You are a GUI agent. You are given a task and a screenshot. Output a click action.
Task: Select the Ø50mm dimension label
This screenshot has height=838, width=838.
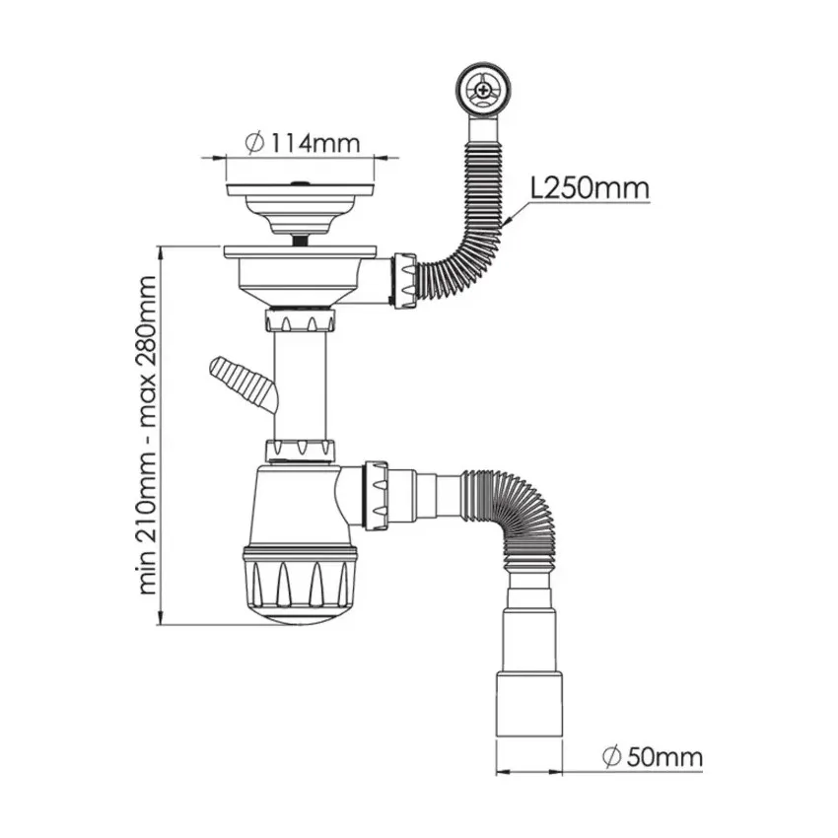click(651, 757)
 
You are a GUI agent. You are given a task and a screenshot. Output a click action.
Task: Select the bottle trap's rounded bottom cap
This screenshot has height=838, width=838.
click(296, 612)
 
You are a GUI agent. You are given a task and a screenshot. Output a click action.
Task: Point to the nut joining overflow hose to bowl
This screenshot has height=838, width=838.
click(404, 280)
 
